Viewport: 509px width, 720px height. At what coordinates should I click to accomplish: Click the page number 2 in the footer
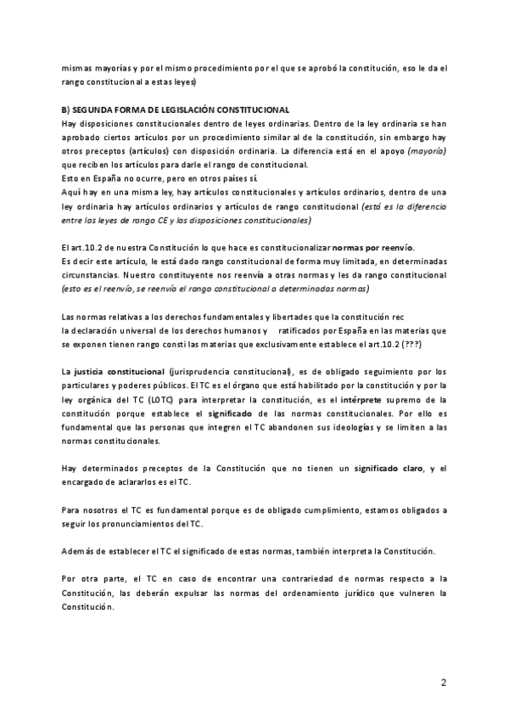click(x=443, y=682)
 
